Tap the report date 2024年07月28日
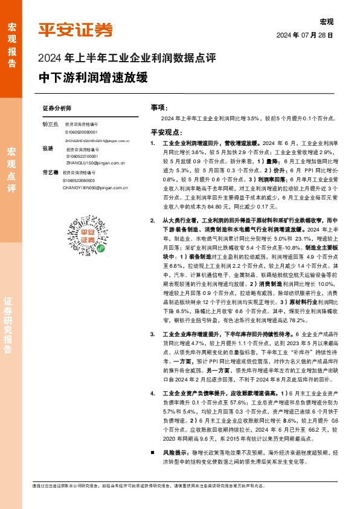pos(304,36)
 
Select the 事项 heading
pos(158,107)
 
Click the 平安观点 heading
pos(166,132)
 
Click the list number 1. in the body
pos(153,143)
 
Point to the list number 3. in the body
pos(153,334)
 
